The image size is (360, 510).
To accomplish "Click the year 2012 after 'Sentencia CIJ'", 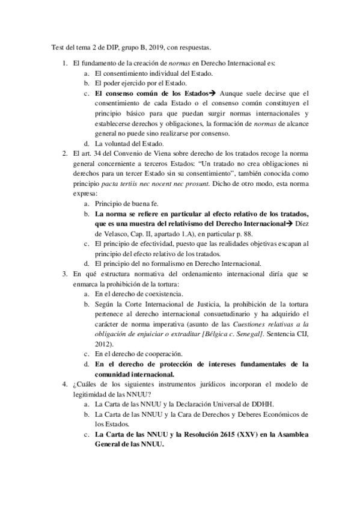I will coord(106,343).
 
